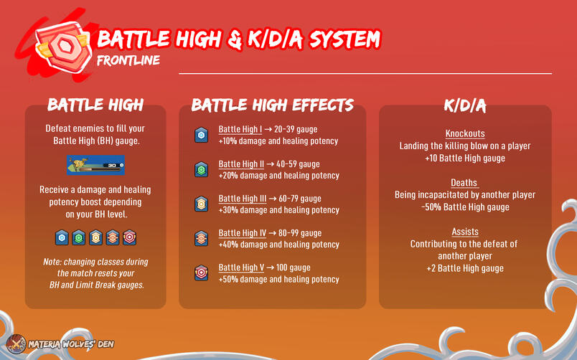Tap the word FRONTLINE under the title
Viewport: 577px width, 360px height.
(x=128, y=60)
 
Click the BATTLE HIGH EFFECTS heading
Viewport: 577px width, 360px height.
(x=273, y=105)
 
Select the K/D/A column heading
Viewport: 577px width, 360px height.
(x=464, y=106)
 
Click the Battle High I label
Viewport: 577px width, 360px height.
(x=242, y=130)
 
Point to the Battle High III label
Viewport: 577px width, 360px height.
(x=243, y=199)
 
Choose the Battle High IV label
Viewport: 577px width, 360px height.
(x=243, y=233)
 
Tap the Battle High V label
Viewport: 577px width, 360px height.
(x=242, y=267)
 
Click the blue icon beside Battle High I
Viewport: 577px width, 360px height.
(x=202, y=135)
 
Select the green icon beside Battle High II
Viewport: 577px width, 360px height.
(x=202, y=169)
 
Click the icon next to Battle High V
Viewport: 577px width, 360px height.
(x=202, y=273)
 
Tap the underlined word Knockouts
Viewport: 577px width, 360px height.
(x=465, y=134)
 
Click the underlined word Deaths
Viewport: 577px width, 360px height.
(x=464, y=183)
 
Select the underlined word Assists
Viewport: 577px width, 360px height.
(x=465, y=232)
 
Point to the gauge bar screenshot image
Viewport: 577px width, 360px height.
(x=95, y=164)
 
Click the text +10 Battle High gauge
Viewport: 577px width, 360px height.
(x=464, y=158)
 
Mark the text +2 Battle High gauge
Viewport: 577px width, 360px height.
(x=464, y=268)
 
